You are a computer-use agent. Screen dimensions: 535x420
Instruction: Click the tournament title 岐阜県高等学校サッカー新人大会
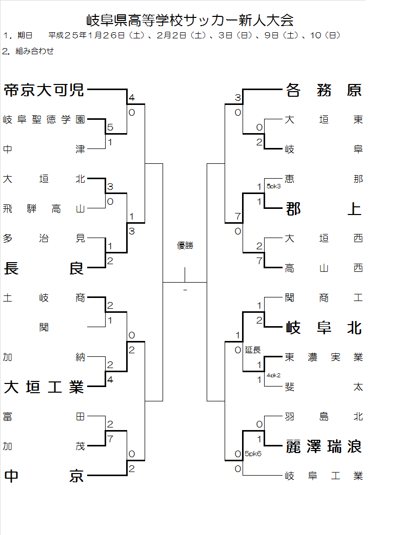[190, 20]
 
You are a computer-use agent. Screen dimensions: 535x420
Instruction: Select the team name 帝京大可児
[44, 90]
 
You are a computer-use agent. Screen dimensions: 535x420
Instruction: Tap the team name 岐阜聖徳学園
[44, 120]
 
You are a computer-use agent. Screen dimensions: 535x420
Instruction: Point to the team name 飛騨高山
[44, 208]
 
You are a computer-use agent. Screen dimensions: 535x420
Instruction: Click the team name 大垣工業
[44, 387]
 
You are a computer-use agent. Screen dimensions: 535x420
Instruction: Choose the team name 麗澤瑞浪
[324, 447]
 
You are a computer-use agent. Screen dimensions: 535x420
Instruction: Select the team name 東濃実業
[324, 357]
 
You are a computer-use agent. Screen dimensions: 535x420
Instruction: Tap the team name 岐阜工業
[324, 476]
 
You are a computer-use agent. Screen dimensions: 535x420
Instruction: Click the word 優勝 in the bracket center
[185, 246]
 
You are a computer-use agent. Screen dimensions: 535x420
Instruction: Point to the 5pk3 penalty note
[273, 186]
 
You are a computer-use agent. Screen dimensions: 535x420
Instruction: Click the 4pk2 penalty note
[273, 375]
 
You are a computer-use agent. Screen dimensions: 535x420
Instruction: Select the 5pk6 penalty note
[253, 454]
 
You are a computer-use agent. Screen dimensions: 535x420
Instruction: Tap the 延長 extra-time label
[253, 350]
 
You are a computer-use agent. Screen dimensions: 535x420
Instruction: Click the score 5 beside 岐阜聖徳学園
[110, 127]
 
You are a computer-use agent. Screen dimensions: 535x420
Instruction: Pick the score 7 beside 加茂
[110, 439]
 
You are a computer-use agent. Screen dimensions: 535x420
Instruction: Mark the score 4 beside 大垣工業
[110, 380]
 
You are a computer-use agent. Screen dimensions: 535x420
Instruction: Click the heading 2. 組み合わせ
[28, 51]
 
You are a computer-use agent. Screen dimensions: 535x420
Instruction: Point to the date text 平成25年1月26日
[87, 35]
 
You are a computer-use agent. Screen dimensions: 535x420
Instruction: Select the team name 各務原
[324, 90]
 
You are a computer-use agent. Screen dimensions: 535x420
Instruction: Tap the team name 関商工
[324, 298]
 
